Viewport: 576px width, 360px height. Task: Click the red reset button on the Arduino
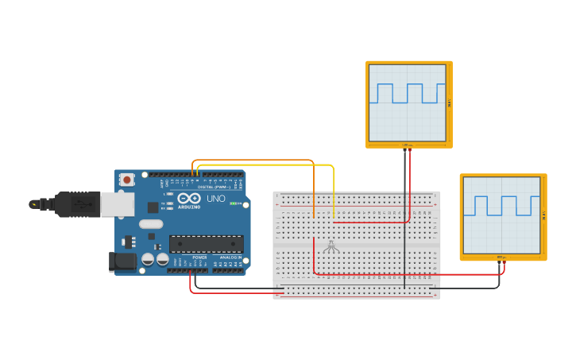pos(126,180)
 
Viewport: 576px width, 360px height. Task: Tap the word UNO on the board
pos(216,198)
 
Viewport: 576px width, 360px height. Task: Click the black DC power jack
pos(121,261)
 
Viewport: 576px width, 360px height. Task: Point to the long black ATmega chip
pos(206,244)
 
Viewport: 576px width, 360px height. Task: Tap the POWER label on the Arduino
pos(199,257)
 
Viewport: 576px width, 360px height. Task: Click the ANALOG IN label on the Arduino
pos(230,257)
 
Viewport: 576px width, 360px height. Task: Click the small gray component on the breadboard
pos(331,248)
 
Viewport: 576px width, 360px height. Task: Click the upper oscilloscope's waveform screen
pos(408,103)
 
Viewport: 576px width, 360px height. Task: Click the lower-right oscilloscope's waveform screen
pos(502,215)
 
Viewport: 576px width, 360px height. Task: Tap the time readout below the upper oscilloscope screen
pos(406,145)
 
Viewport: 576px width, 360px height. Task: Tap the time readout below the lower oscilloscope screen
pos(501,257)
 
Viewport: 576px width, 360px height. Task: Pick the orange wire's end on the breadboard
pos(314,216)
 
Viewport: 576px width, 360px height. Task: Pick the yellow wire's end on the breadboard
pos(334,216)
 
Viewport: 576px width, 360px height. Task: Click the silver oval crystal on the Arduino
pos(151,224)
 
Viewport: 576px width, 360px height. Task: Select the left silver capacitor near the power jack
pos(149,260)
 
